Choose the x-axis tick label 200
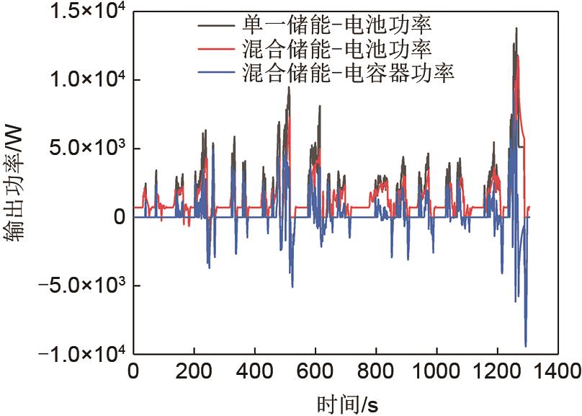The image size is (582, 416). [x=194, y=372]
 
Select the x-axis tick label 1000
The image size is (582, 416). [x=436, y=372]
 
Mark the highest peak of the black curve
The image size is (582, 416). [x=516, y=28]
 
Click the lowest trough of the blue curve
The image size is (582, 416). [x=526, y=346]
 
